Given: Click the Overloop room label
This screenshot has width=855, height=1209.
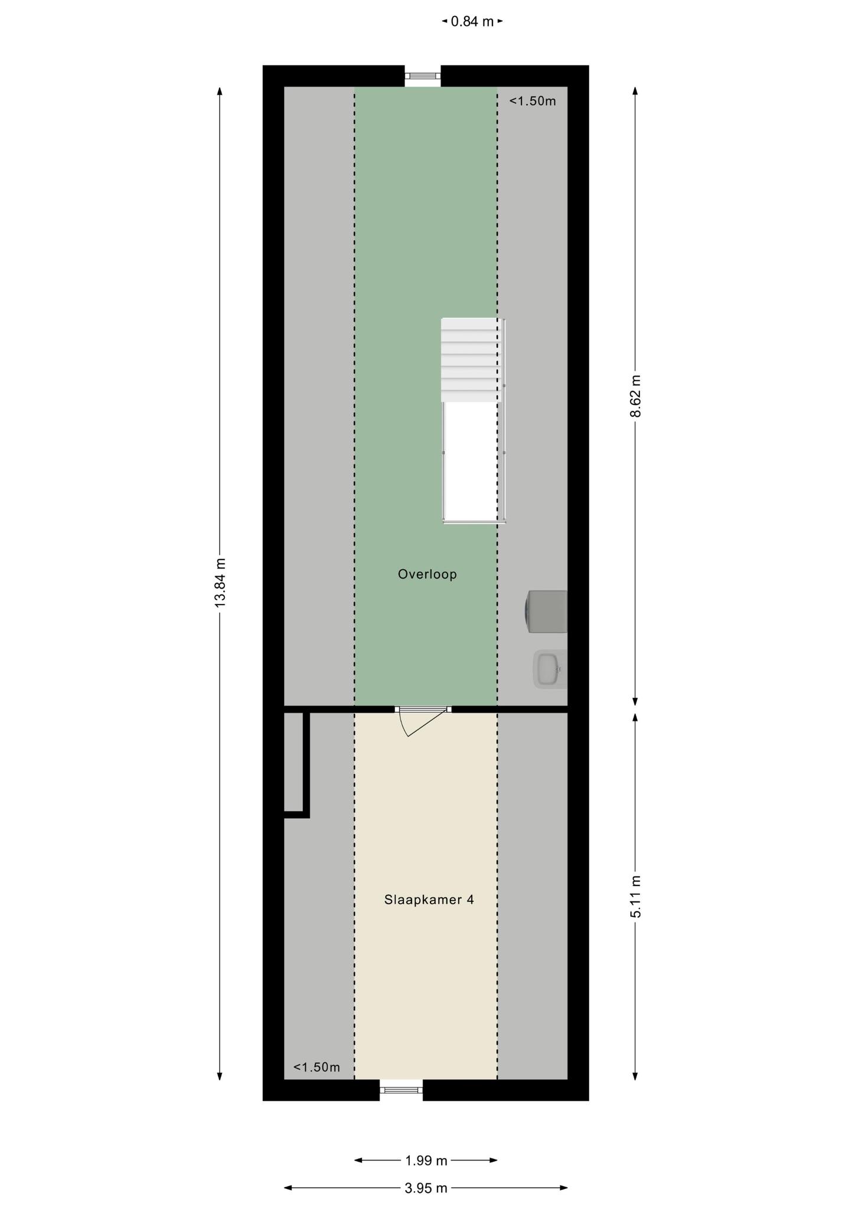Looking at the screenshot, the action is pos(427,574).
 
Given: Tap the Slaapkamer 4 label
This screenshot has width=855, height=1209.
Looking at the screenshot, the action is pos(429,900).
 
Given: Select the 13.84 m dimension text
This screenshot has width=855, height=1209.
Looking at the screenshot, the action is pos(220,583).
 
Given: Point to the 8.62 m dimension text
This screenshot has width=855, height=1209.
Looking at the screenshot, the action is pos(635,396).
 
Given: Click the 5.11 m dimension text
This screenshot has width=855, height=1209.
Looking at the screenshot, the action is pos(635,896).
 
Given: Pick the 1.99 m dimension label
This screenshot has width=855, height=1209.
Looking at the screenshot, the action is pos(426,1160).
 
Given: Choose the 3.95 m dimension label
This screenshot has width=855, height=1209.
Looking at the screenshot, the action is pos(426,1188).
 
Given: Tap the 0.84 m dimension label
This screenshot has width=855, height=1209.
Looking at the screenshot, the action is pos(472,22).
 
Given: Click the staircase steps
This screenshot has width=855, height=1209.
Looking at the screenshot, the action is pos(471,360).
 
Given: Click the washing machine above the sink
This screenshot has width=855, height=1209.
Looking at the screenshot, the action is pos(546,612).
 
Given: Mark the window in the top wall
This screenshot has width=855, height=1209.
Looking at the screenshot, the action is pos(423,76).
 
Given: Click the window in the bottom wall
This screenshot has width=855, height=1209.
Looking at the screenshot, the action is pos(401,1090).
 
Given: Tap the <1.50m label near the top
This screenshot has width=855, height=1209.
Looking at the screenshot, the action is pos(533,101).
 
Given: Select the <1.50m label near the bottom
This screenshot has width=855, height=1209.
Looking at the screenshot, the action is pos(316,1067).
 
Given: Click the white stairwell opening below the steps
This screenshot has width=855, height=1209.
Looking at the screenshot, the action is pos(471,462).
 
